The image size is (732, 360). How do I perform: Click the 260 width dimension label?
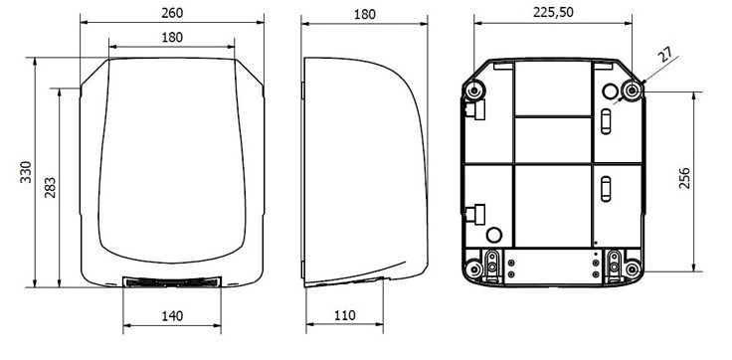(x=172, y=13)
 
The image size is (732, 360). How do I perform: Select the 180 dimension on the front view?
(x=172, y=38)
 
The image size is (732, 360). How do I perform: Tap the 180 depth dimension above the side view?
(x=365, y=15)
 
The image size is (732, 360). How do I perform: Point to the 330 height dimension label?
(x=26, y=172)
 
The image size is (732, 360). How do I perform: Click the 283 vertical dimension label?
(x=50, y=187)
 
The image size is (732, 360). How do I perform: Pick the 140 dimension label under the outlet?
(x=172, y=316)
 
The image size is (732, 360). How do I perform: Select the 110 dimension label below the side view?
(x=344, y=315)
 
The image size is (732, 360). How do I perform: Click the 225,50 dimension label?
(x=553, y=13)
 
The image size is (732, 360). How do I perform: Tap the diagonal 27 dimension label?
(x=666, y=55)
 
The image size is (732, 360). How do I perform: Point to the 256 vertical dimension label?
(x=684, y=178)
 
